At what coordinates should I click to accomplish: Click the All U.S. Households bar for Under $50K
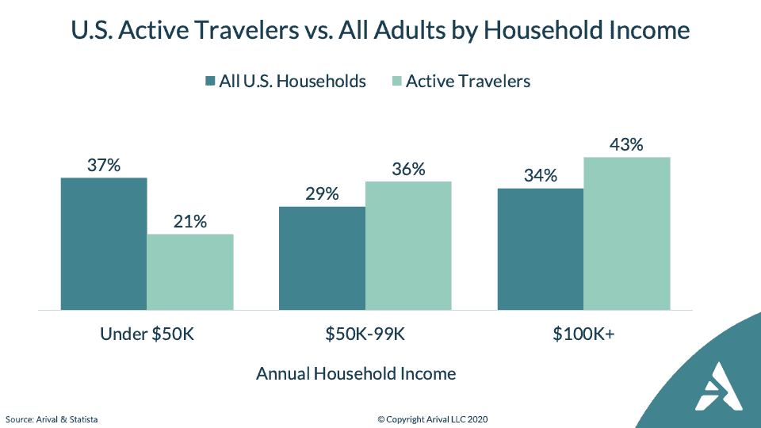pos(104,243)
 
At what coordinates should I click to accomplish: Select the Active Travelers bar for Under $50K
pos(190,272)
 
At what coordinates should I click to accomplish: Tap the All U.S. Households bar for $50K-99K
pos(322,258)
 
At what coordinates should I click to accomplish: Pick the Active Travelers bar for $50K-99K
pos(408,246)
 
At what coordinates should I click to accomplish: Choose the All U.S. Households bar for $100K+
pos(541,250)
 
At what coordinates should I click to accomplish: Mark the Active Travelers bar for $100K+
pos(627,233)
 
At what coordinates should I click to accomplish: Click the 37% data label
pos(104,166)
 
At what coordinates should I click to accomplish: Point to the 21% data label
pos(190,222)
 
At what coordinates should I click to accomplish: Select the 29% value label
pos(322,194)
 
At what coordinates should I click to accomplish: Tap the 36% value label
pos(409,170)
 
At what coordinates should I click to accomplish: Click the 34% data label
pos(541,176)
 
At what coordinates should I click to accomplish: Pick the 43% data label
pos(626,144)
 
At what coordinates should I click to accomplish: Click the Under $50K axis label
pos(147,334)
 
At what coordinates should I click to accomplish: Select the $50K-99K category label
pos(365,334)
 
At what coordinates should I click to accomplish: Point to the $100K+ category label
pos(584,334)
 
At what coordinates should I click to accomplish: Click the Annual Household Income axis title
pos(356,373)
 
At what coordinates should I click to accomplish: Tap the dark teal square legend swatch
pos(210,81)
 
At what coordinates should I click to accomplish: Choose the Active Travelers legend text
pos(468,81)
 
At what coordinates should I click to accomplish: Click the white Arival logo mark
pos(719,386)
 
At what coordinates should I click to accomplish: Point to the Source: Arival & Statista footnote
pos(52,419)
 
